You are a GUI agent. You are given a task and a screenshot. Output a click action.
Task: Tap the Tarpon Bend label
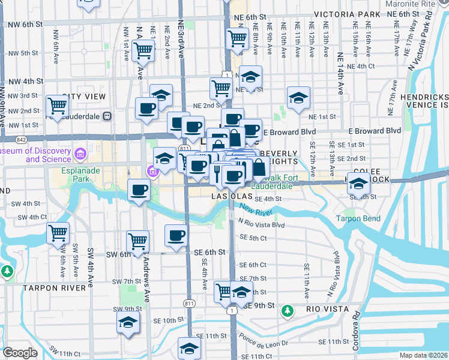[x=358, y=218]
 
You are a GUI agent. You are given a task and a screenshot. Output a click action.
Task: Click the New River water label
[x=256, y=210]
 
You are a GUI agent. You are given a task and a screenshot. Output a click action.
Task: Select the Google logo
[x=20, y=353]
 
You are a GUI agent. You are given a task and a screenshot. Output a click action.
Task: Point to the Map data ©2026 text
[x=423, y=355]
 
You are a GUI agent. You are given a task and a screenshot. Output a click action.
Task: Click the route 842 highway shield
[x=22, y=139]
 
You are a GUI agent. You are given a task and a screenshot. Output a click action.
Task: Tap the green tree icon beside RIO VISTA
[x=288, y=310]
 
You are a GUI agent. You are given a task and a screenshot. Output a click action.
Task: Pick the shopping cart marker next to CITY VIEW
[x=57, y=106]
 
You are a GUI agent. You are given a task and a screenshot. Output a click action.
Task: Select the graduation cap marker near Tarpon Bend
[x=359, y=183]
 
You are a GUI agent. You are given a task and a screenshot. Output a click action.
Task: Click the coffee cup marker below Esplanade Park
[x=139, y=191]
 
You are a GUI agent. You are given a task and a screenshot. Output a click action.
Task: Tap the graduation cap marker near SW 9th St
[x=127, y=322]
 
